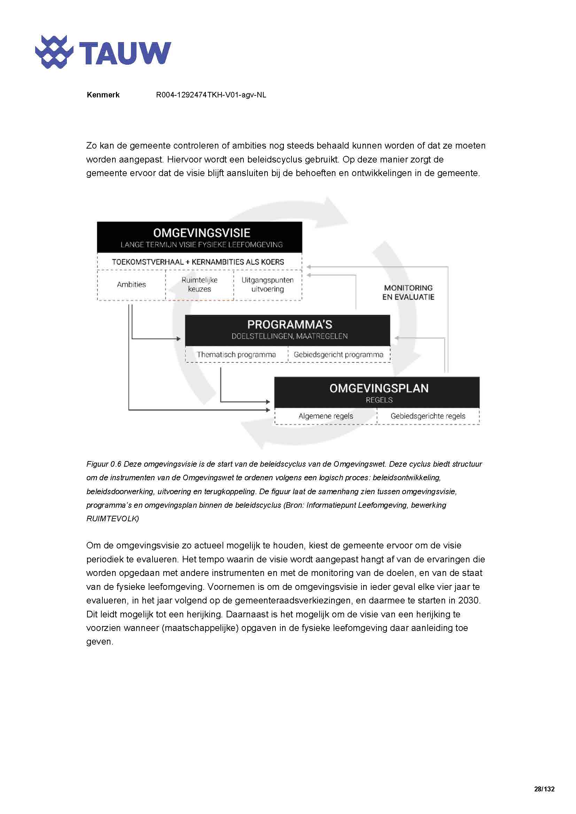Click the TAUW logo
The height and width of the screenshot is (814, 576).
103,53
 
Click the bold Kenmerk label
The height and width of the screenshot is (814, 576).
103,95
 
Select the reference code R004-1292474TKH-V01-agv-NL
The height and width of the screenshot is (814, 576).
211,95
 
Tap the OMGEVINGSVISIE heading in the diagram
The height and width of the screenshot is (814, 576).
201,233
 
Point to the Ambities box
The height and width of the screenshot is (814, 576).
131,285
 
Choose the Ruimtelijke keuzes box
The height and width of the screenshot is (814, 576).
199,285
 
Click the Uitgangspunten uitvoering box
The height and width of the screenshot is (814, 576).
267,285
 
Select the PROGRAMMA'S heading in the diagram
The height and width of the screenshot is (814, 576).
289,324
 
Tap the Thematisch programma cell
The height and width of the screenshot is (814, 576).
236,355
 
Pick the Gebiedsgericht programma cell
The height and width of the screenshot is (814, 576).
338,355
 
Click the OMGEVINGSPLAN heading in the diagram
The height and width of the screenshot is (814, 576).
379,388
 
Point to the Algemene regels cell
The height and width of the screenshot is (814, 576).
326,416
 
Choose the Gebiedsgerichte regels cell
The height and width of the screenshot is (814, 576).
428,416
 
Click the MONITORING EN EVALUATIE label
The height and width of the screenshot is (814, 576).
408,292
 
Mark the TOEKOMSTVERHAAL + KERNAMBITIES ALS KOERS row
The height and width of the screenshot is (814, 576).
198,262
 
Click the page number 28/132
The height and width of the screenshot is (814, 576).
544,789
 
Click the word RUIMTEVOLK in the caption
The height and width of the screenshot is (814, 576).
112,519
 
